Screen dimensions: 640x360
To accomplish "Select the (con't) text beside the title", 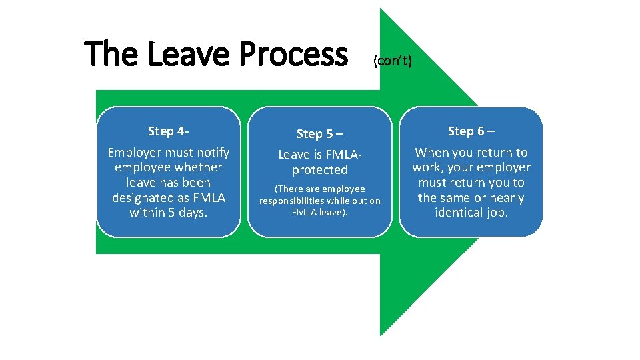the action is pos(393,62).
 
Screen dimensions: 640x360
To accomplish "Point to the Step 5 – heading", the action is pos(319,134).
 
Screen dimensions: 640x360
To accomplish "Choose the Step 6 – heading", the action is pos(471,131).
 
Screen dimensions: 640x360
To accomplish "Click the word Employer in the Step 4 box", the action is pos(137,153).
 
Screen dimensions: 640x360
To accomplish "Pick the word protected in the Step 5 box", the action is pos(319,170).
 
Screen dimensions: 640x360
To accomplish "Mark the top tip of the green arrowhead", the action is pos(381,9).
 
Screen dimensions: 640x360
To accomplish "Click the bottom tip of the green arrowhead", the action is pos(381,335).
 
